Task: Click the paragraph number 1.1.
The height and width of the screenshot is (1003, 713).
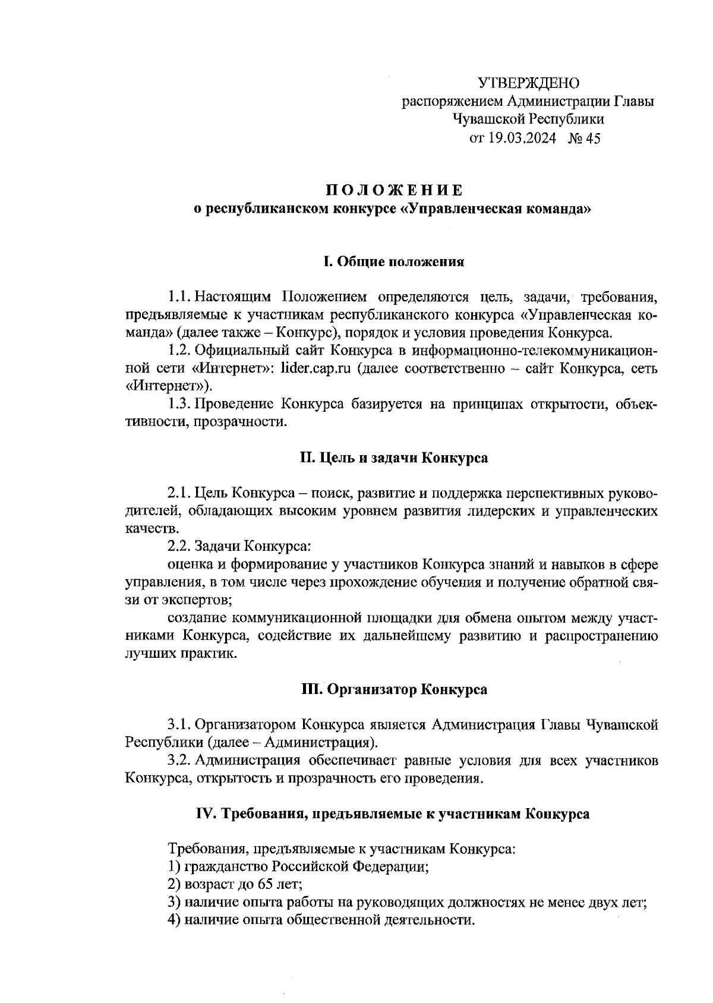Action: point(179,296)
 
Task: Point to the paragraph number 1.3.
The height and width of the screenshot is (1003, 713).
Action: point(179,405)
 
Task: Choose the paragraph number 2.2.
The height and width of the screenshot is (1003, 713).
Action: point(179,545)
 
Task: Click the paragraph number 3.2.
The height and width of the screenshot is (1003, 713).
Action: point(179,761)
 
